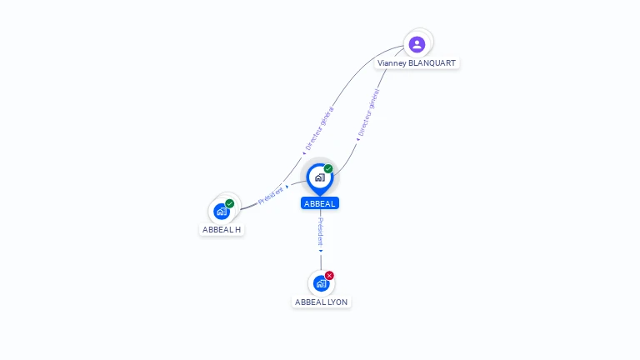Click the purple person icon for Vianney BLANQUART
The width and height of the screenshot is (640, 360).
click(x=417, y=44)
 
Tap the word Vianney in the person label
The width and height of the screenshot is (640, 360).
click(x=392, y=63)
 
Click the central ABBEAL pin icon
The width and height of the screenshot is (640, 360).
click(x=319, y=177)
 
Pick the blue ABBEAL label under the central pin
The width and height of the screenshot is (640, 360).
click(x=320, y=203)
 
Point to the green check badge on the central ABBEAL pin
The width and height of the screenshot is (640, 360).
click(x=328, y=169)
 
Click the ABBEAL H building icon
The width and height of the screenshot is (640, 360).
click(x=222, y=211)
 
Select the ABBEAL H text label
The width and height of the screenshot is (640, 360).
click(x=222, y=229)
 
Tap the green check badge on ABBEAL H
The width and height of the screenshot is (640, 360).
click(x=230, y=203)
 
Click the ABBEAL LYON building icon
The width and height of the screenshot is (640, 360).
click(x=321, y=283)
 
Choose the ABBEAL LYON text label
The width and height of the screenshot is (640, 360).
click(x=322, y=302)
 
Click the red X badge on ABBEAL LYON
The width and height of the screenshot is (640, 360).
click(x=329, y=276)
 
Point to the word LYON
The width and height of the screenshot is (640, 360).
click(x=337, y=302)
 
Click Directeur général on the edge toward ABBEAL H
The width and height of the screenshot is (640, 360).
click(x=319, y=128)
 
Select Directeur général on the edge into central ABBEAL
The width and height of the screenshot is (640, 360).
click(x=367, y=112)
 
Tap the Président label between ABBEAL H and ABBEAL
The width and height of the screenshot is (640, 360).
click(x=271, y=195)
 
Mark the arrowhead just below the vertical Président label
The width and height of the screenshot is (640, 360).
click(x=320, y=250)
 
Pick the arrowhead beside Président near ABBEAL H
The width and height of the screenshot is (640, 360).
click(x=287, y=187)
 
